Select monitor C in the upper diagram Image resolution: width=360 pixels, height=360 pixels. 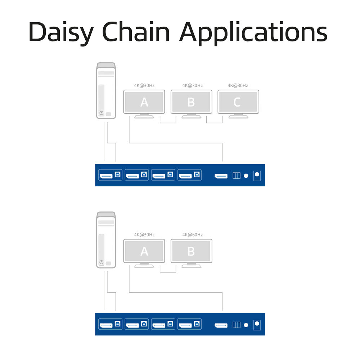point(238,102)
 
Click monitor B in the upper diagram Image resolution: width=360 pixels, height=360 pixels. point(191,102)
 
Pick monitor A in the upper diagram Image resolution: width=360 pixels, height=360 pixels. point(144,102)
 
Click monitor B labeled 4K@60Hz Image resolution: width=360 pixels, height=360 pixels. point(191,251)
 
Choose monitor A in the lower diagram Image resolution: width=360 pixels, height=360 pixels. point(144,251)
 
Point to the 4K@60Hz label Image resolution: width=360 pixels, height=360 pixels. point(192,235)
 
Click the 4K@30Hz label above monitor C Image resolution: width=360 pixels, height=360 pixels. point(238,86)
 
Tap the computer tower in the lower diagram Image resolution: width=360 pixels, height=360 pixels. point(106,240)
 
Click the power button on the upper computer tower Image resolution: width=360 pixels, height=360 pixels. point(101,113)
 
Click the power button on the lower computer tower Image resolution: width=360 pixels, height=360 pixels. point(101,262)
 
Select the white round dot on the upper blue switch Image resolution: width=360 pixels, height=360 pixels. point(246,176)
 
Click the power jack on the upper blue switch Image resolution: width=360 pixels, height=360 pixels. point(257,175)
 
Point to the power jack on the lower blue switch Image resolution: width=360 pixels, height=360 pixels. point(257,324)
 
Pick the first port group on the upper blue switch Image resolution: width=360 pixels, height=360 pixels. point(111,175)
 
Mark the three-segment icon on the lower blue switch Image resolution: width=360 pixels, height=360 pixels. point(236,325)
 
